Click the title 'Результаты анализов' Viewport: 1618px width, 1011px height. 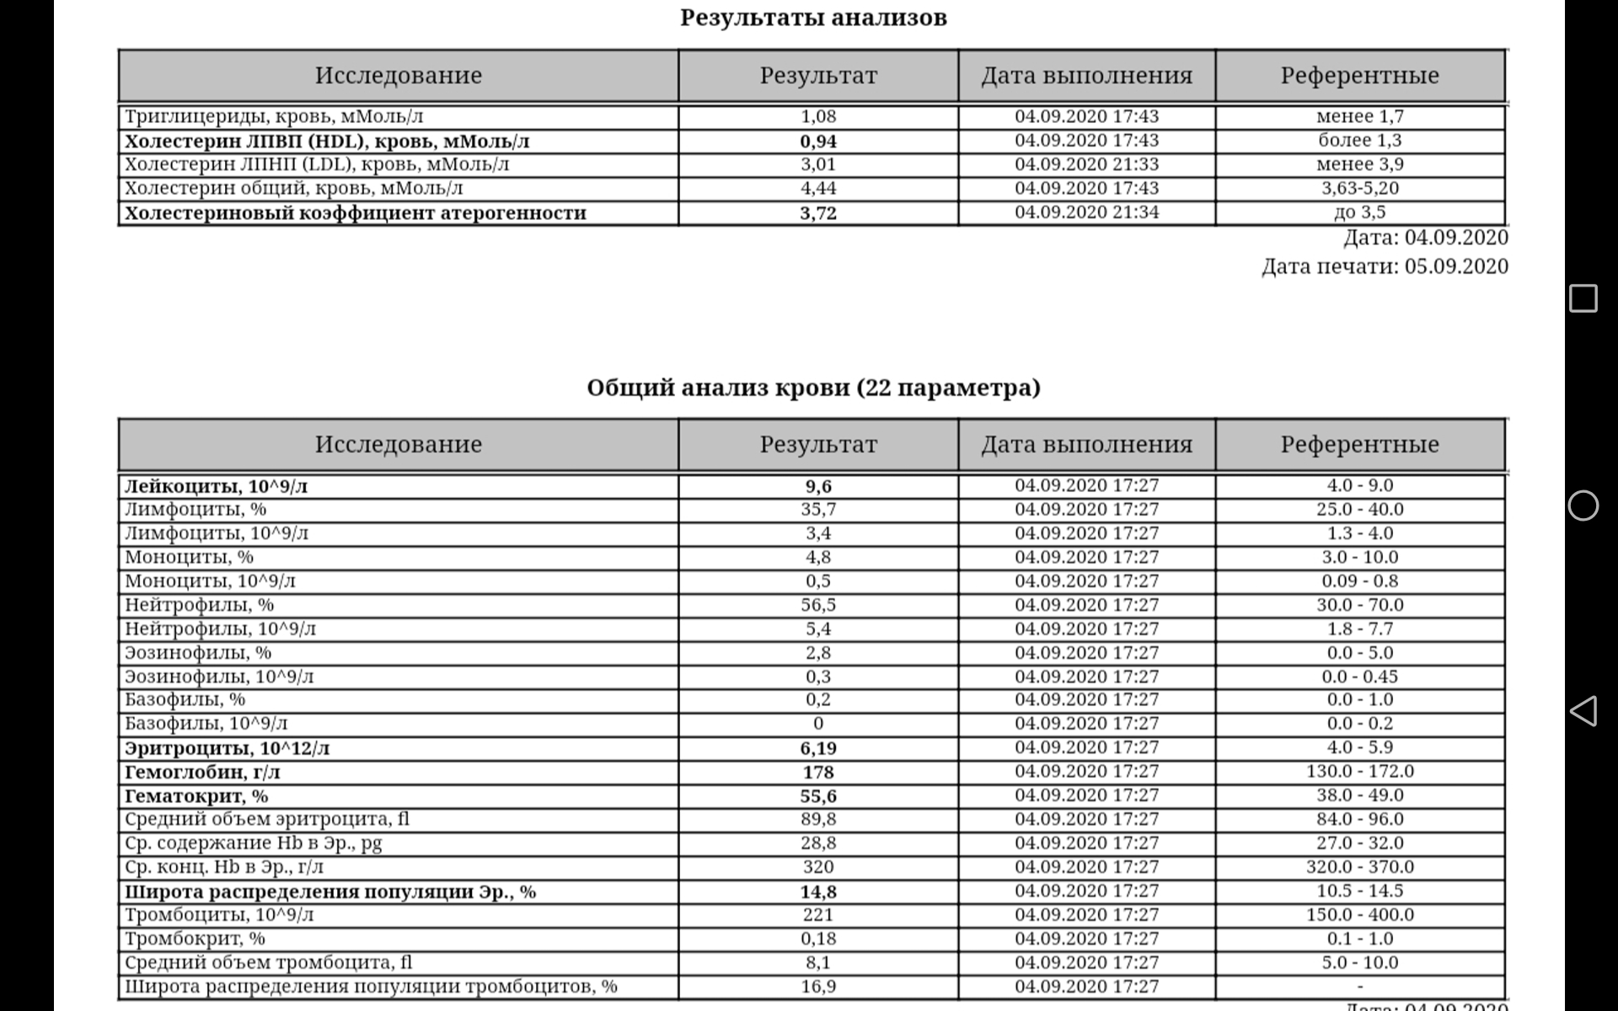coord(813,18)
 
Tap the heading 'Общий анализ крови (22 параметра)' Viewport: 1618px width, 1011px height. coord(813,388)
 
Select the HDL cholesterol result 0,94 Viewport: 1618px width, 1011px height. coord(817,141)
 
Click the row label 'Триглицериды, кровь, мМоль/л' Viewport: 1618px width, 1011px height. coord(274,116)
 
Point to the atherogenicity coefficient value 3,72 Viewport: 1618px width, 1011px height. coord(817,213)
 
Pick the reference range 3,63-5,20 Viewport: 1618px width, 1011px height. coord(1359,188)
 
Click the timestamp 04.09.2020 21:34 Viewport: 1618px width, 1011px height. coord(1086,212)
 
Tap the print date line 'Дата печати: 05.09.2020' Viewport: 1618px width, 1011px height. coord(1384,266)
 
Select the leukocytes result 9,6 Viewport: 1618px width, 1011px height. coord(817,486)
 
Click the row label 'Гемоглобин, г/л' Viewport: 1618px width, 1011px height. coord(202,772)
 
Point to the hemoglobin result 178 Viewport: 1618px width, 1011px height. coord(817,772)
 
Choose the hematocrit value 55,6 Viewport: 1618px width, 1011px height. coord(817,796)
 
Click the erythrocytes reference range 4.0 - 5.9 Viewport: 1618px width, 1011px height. coord(1359,747)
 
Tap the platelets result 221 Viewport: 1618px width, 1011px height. coord(817,915)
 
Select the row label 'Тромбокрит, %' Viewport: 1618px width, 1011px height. coord(195,939)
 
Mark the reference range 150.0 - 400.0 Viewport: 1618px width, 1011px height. coord(1359,915)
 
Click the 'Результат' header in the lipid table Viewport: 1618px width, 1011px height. coord(817,76)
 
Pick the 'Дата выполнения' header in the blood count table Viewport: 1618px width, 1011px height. coord(1086,445)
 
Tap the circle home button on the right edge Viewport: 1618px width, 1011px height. coord(1583,505)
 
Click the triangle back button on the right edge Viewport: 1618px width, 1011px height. coord(1583,711)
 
